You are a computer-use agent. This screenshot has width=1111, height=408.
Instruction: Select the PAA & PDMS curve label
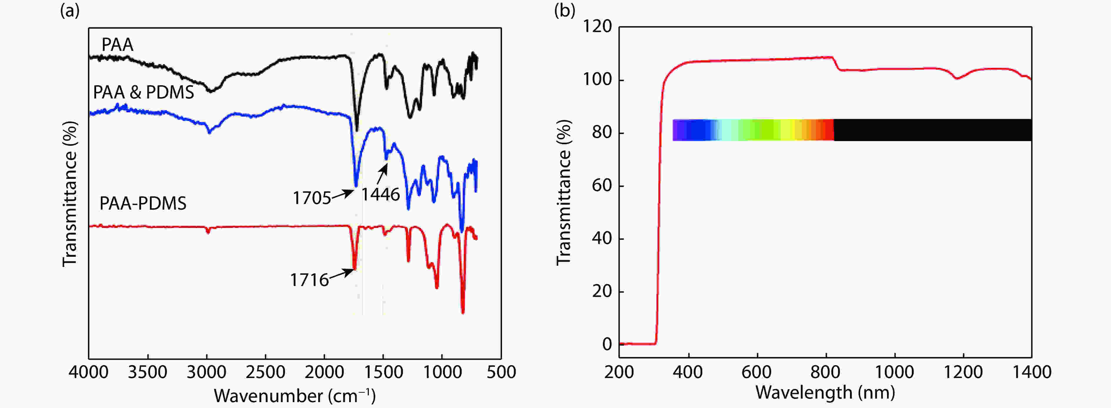(144, 92)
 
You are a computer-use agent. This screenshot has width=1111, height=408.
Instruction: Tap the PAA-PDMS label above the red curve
(143, 203)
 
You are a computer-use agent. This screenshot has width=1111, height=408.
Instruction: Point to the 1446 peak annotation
(380, 195)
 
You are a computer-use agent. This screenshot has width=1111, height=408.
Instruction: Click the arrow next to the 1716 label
(342, 273)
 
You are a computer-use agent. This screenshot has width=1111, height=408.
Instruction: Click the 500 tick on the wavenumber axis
(501, 372)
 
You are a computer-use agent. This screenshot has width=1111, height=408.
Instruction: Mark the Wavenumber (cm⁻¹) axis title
(295, 395)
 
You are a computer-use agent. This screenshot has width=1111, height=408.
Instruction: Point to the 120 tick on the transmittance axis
(597, 27)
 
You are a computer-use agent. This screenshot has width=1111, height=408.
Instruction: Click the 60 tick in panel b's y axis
(602, 185)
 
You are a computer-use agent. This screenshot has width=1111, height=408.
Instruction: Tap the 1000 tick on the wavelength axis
(894, 372)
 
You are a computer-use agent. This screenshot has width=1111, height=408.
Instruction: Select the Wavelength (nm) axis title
(825, 392)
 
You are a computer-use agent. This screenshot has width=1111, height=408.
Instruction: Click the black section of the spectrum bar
(932, 130)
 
